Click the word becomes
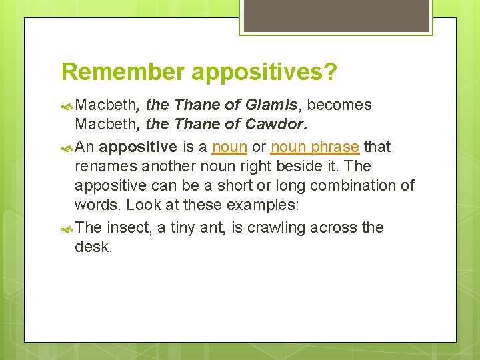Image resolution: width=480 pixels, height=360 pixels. [x=339, y=105]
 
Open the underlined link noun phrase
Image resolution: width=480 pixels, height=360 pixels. [x=315, y=147]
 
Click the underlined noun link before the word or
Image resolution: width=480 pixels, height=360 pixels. [x=229, y=147]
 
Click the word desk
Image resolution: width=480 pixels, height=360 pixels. [x=94, y=247]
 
